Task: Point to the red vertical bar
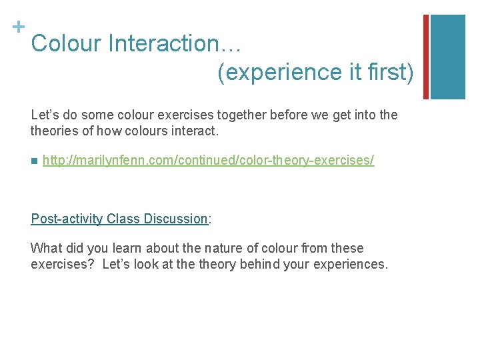tap(426, 56)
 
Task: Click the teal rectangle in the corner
tap(448, 56)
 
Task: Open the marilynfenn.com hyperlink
tap(208, 161)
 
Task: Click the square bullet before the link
tap(34, 161)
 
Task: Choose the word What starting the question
tap(45, 248)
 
